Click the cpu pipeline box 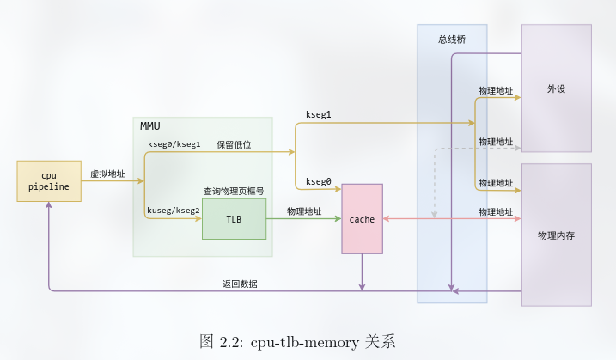click(x=49, y=180)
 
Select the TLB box click(x=234, y=219)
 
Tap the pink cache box click(x=362, y=219)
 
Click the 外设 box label click(x=556, y=88)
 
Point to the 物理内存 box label click(x=556, y=235)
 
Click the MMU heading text click(x=150, y=126)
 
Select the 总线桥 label click(x=452, y=39)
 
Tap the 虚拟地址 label click(x=107, y=174)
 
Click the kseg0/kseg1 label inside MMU click(x=174, y=144)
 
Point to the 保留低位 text click(x=233, y=144)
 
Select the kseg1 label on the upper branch click(x=318, y=114)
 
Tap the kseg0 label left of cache click(x=318, y=181)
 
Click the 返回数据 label click(x=240, y=284)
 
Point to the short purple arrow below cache click(x=362, y=272)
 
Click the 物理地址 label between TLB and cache click(x=304, y=211)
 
